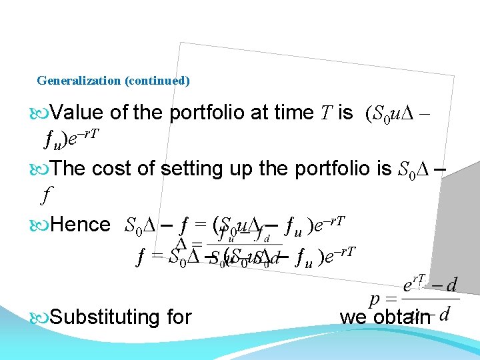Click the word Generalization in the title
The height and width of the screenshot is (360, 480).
click(x=79, y=81)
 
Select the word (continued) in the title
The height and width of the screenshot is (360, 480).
click(x=157, y=81)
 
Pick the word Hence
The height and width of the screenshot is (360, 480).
click(x=80, y=224)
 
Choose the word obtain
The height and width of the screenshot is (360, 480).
click(x=399, y=317)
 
